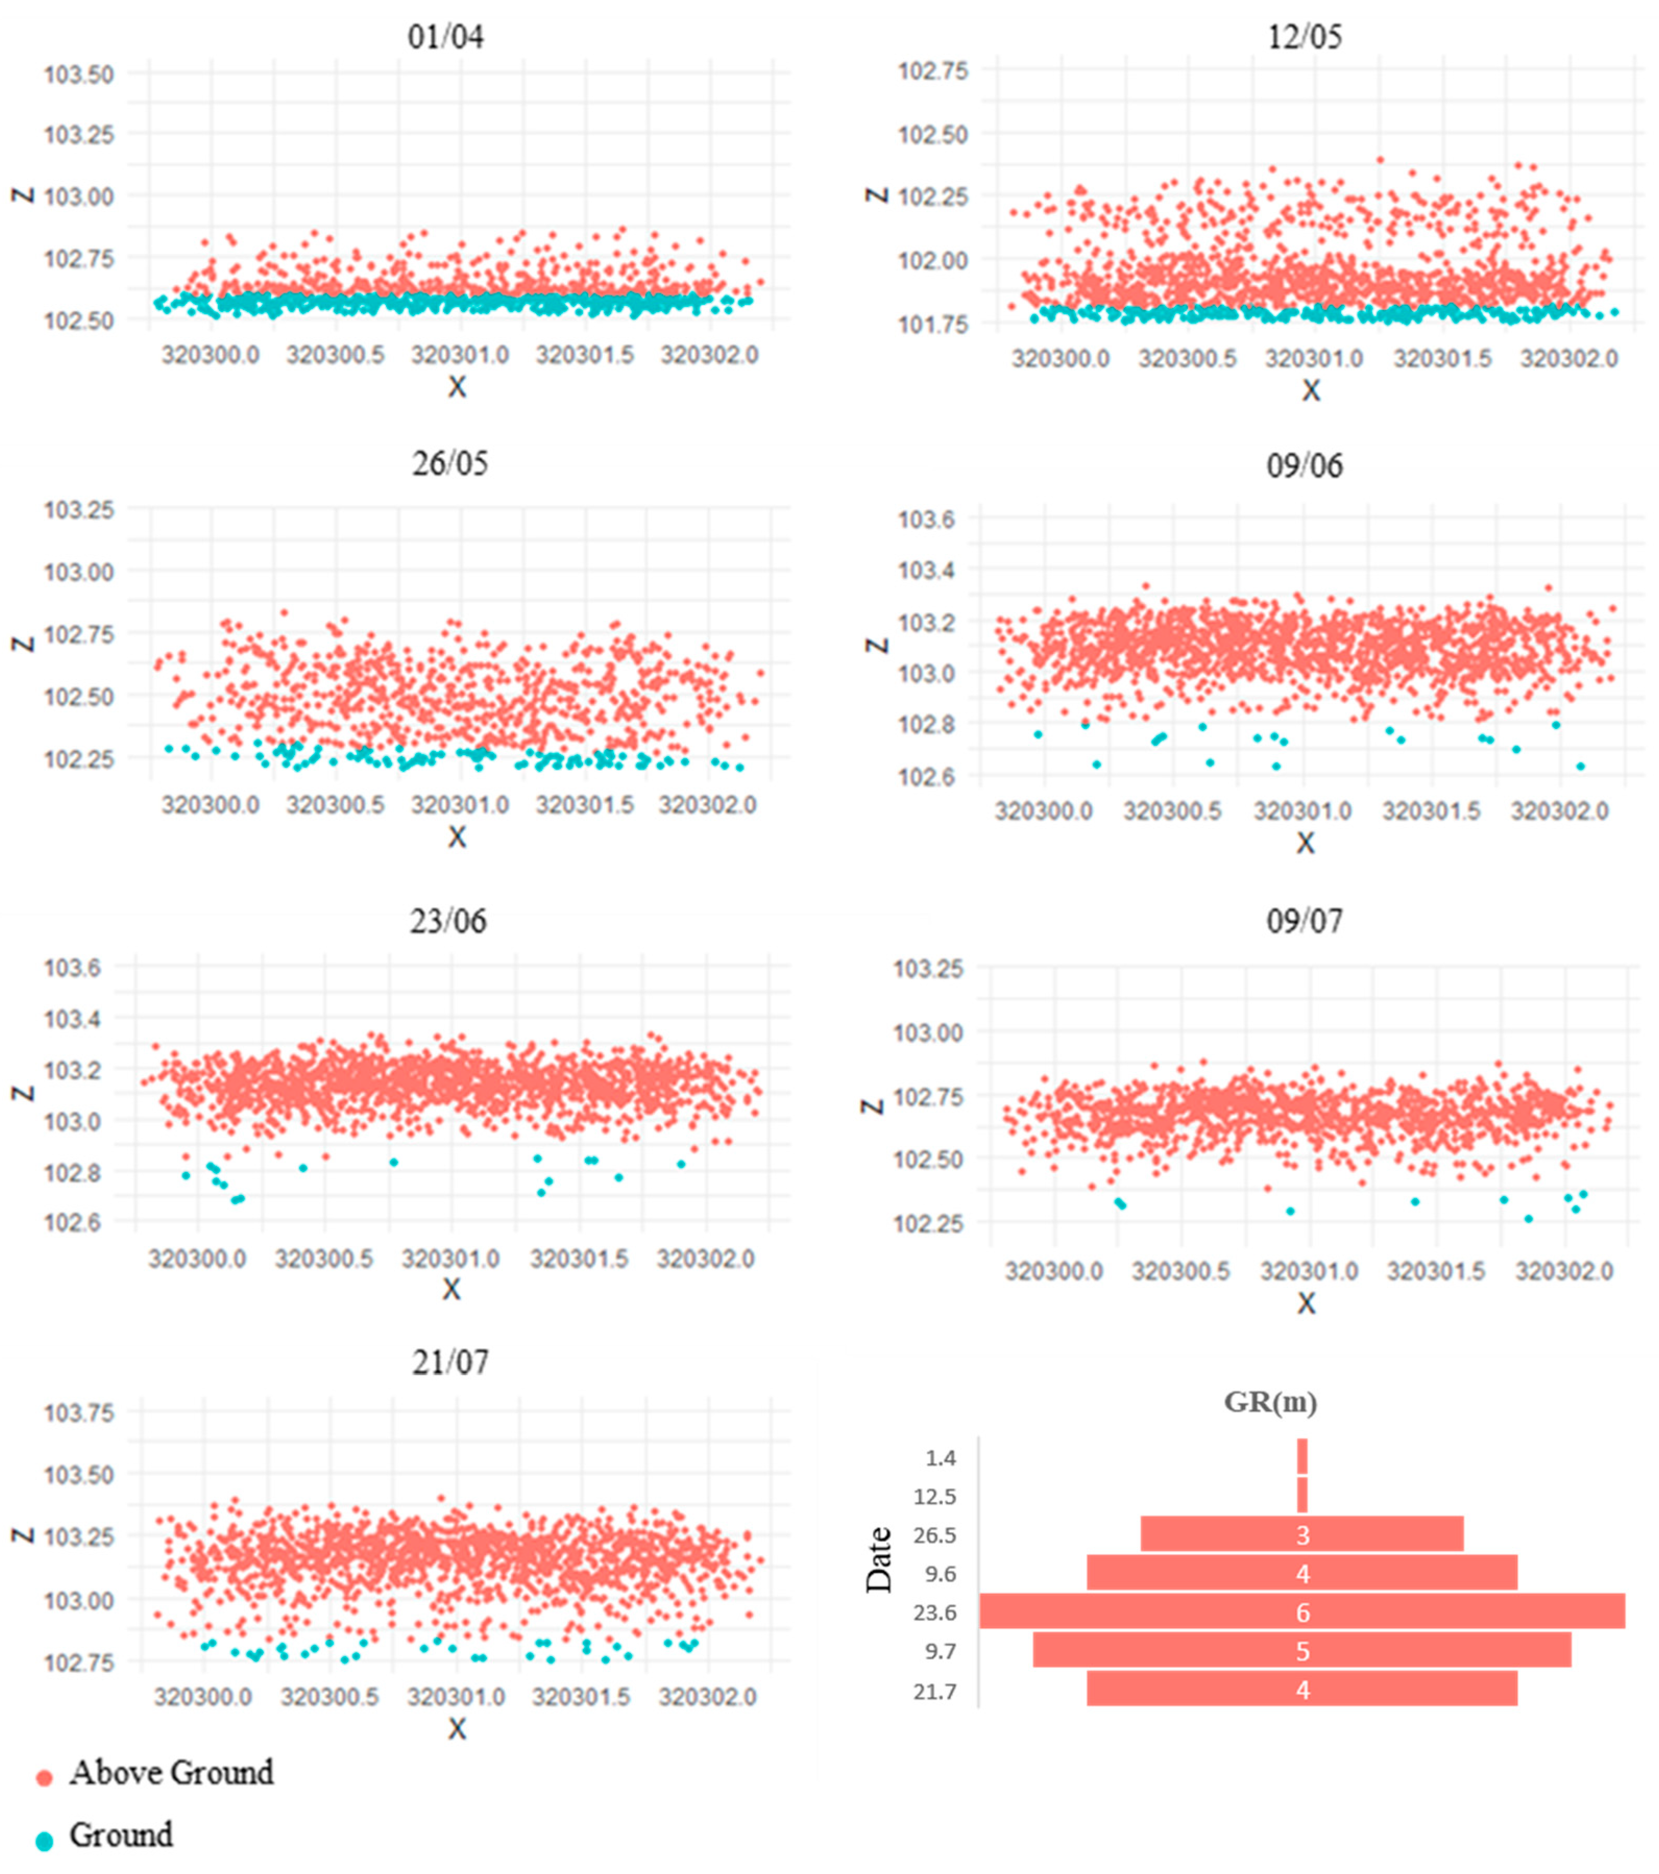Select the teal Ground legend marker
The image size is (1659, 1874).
pos(44,1840)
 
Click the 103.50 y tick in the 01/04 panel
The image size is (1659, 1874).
pos(79,75)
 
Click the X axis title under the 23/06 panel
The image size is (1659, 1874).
pos(451,1289)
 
